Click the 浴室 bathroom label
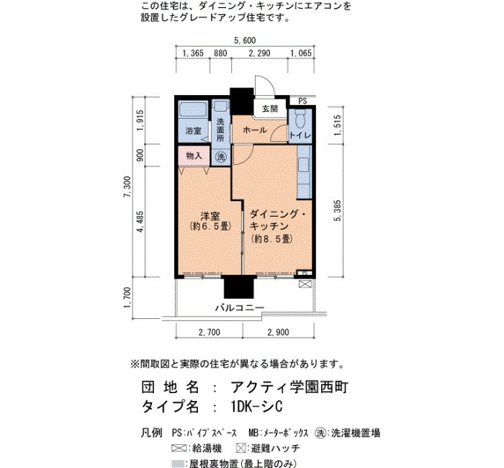click(194, 131)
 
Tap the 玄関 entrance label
click(270, 109)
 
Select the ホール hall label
click(255, 130)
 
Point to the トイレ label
click(300, 135)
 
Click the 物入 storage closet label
click(194, 156)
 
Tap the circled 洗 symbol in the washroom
click(221, 157)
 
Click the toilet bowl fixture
click(300, 118)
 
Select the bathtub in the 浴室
click(193, 110)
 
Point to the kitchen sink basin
click(303, 166)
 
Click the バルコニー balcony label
click(240, 307)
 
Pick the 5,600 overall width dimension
click(245, 40)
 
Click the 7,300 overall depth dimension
click(128, 186)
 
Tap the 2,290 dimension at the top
click(259, 53)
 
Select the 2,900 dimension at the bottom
click(279, 332)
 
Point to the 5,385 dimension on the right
click(338, 210)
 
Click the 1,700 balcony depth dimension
click(128, 297)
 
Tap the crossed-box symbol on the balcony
click(305, 284)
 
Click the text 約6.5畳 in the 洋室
click(211, 226)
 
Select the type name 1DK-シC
click(256, 406)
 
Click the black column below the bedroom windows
click(239, 287)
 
